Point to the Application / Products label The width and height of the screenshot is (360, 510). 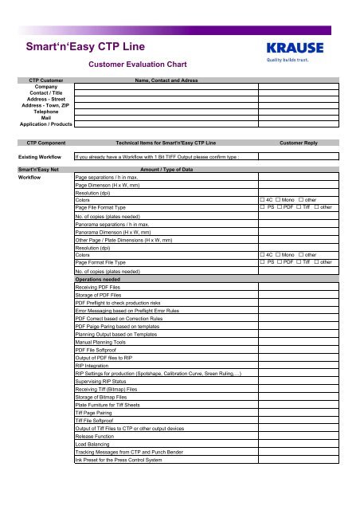[40, 125]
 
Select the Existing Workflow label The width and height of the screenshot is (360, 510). [41, 157]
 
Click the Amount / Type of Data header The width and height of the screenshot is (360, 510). [166, 170]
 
